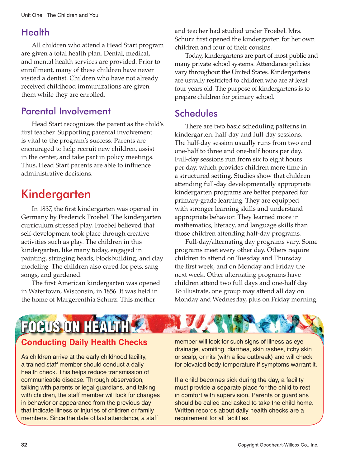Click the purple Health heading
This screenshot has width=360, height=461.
pyautogui.click(x=35, y=32)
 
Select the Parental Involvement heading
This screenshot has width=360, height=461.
pyautogui.click(x=66, y=111)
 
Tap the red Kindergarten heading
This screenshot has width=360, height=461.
pyautogui.click(x=56, y=194)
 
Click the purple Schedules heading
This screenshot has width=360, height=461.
pyautogui.click(x=196, y=113)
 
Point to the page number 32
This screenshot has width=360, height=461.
pyautogui.click(x=24, y=445)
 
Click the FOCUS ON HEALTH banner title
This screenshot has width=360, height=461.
pyautogui.click(x=75, y=327)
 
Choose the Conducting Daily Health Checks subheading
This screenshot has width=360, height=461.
pyautogui.click(x=84, y=342)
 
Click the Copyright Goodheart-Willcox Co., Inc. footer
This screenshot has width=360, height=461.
pyautogui.click(x=278, y=445)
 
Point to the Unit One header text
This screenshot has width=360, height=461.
pyautogui.click(x=31, y=15)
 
